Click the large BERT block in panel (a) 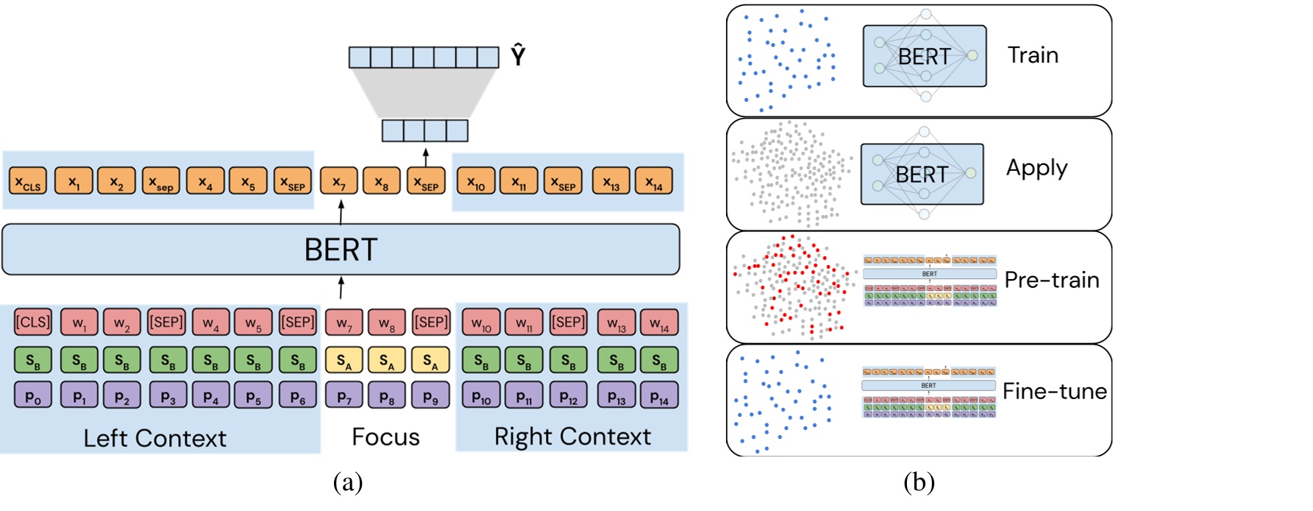341,250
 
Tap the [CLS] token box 33,323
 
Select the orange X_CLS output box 28,181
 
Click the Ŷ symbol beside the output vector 518,55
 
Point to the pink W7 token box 344,323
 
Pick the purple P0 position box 33,396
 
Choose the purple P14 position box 659,396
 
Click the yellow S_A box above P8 387,360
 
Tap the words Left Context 154,438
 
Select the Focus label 385,437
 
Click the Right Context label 572,437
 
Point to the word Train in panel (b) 1033,55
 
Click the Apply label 1036,169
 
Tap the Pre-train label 1052,280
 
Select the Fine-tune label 1054,391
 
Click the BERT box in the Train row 925,56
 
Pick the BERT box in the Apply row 922,175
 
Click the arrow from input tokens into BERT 341,288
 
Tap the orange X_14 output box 653,181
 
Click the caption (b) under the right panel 919,482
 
